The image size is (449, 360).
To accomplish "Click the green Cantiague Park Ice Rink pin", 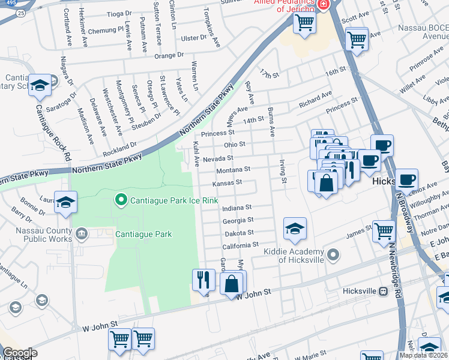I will click(121, 199).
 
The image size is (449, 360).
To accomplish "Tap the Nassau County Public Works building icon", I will click(83, 233).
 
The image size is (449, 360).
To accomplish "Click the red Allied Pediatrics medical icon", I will click(324, 4).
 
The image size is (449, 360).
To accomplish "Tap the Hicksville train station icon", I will click(382, 291).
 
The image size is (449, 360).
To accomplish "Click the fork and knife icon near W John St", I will click(203, 279).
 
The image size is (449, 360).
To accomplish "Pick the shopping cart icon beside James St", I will click(384, 231).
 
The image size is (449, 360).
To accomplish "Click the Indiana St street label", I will click(236, 208).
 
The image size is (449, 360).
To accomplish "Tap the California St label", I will click(240, 245).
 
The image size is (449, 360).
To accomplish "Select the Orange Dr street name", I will click(169, 55).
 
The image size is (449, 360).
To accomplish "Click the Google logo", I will click(19, 353).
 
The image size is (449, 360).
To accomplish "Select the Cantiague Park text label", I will click(143, 235).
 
